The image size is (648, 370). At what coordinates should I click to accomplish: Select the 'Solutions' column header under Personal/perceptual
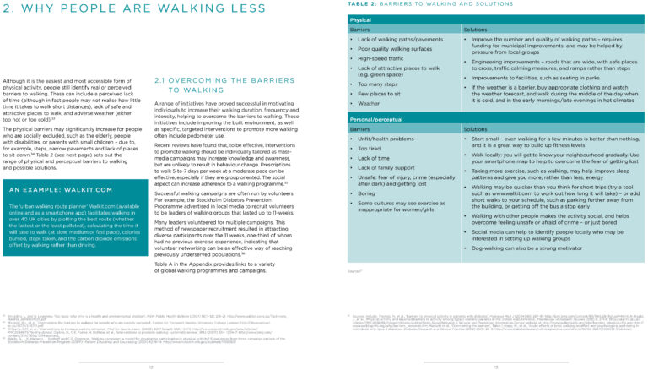[x=480, y=129]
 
